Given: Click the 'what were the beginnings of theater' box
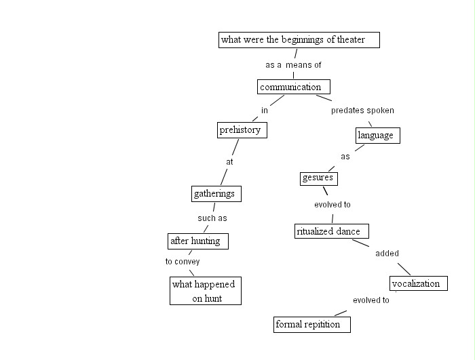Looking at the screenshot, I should tap(299, 40).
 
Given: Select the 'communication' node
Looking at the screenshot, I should tap(294, 87).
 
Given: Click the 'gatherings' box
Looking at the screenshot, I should tap(216, 194).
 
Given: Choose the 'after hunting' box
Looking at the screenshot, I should tap(198, 241).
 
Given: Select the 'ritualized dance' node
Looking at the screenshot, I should tap(332, 231).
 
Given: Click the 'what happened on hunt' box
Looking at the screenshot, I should tap(205, 291).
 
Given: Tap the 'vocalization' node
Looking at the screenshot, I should tap(419, 283).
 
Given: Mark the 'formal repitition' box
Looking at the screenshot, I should tap(312, 325).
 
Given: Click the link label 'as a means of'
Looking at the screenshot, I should tap(293, 65).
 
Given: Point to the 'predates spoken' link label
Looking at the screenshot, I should tap(362, 110).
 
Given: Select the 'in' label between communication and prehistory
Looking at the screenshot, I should tap(265, 110).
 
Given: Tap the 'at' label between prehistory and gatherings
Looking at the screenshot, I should tap(229, 162).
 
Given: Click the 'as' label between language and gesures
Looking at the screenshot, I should tap(345, 157).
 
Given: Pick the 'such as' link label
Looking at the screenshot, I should tap(212, 218).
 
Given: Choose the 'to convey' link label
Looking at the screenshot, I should tap(183, 262).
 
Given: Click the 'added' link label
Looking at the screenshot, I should tap(387, 254).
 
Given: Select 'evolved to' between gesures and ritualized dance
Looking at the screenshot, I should tap(332, 205).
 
